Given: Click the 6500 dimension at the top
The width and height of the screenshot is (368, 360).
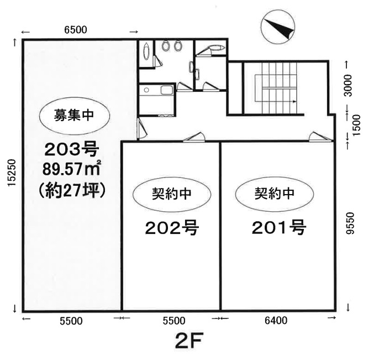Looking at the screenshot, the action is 76,30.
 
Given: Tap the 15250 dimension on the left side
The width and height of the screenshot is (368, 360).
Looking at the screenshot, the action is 12,173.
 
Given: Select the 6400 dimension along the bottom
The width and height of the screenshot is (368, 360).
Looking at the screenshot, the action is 276,320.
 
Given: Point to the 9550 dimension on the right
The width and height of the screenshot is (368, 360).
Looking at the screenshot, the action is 351,223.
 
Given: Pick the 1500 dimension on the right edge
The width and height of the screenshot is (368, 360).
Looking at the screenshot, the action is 356,125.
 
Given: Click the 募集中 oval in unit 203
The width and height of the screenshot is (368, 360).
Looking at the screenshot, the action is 74,116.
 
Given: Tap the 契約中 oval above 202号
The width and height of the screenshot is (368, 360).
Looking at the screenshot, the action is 172,194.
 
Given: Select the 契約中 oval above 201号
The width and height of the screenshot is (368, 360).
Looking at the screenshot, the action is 275,194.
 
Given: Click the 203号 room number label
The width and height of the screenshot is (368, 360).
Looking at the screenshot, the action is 72,150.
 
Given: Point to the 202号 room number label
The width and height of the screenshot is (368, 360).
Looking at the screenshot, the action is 172,227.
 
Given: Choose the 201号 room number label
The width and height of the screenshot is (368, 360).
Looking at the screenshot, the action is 279,227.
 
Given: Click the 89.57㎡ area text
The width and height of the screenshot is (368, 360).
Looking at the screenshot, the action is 72,169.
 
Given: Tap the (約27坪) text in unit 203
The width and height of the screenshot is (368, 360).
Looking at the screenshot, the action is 72,192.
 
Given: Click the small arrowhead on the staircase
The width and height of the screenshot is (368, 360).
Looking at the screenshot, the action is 295,102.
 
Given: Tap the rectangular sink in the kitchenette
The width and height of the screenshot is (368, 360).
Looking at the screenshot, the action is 167,90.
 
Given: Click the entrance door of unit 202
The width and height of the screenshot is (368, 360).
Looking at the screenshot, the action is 194,137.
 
